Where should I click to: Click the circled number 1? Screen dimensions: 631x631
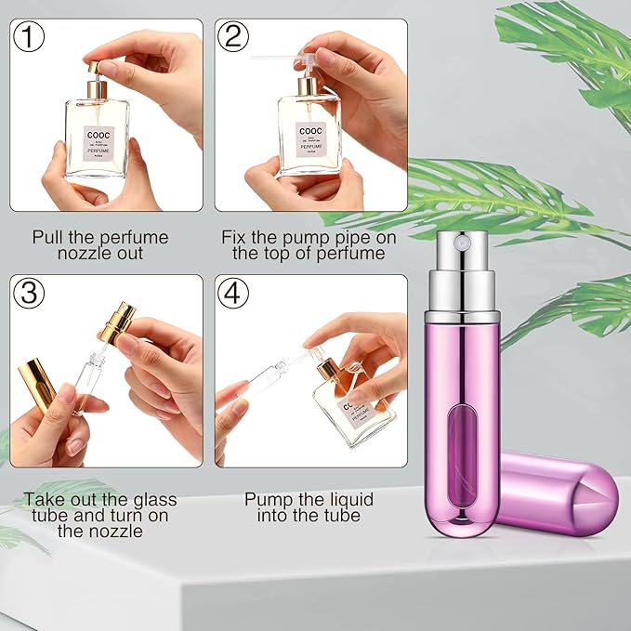pyautogui.click(x=32, y=38)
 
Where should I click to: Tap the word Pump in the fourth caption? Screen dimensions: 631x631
pyautogui.click(x=268, y=500)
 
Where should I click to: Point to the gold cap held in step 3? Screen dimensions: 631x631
pyautogui.click(x=38, y=378)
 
